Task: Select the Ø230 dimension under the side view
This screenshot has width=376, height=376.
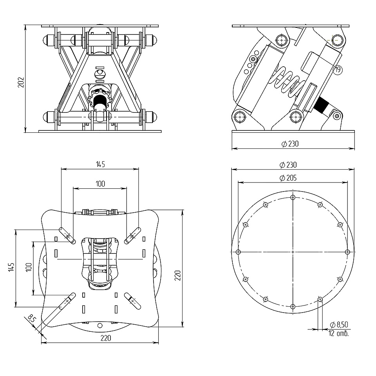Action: (290, 144)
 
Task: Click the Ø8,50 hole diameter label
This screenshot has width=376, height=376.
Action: (339, 325)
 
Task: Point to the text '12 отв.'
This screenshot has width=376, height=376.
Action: (338, 334)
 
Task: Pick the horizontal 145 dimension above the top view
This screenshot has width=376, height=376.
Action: (100, 164)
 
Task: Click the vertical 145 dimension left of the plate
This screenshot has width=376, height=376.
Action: (11, 268)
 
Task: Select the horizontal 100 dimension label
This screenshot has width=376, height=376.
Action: (100, 183)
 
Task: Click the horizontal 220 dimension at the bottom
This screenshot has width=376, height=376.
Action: (100, 338)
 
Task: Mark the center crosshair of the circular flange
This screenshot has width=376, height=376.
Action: (293, 251)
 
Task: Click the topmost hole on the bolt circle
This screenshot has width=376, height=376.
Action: (293, 197)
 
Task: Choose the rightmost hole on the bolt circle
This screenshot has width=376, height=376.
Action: (347, 251)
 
